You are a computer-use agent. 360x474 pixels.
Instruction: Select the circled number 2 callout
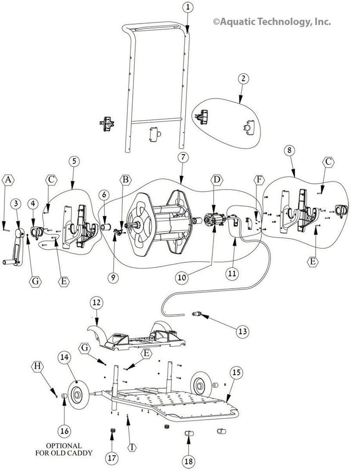(244, 78)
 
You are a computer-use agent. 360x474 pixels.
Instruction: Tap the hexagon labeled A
(8, 180)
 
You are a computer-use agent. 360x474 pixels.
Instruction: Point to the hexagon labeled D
(216, 178)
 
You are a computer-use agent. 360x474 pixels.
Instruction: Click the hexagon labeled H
(38, 366)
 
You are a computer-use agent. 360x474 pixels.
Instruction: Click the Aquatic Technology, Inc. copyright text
(272, 22)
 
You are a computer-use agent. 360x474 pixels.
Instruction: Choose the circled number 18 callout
(189, 461)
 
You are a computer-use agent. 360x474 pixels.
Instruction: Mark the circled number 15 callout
(236, 372)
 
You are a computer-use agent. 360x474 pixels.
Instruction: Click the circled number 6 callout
(103, 195)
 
